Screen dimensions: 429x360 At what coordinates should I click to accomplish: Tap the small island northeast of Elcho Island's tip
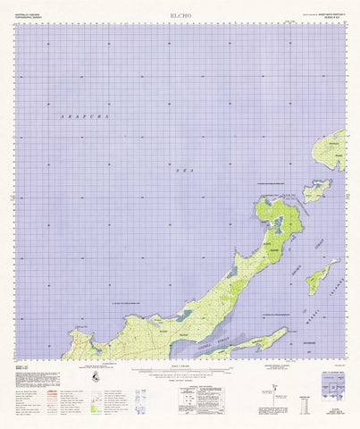tap(315, 190)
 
